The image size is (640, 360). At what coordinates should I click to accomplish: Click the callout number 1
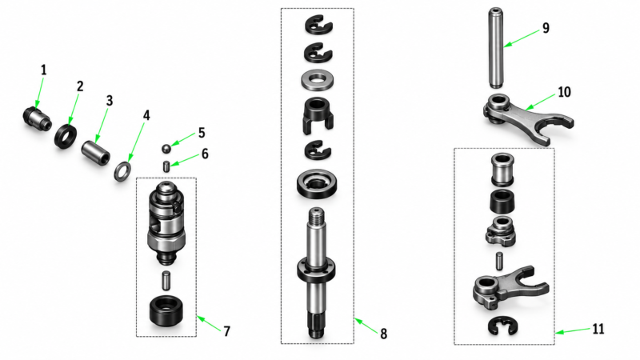pyautogui.click(x=44, y=70)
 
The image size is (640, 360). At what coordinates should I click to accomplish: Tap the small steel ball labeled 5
pyautogui.click(x=166, y=149)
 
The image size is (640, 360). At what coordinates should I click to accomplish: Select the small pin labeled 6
pyautogui.click(x=166, y=166)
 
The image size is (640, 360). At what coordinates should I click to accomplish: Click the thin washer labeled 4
pyautogui.click(x=122, y=171)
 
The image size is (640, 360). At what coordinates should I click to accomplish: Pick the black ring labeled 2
pyautogui.click(x=66, y=137)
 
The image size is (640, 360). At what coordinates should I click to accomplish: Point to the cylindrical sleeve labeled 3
pyautogui.click(x=95, y=152)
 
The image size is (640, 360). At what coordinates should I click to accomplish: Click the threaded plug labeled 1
pyautogui.click(x=37, y=118)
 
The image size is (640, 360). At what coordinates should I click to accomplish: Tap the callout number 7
pyautogui.click(x=227, y=331)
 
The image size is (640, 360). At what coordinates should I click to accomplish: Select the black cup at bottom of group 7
pyautogui.click(x=166, y=311)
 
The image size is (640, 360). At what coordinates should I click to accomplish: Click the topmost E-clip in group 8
pyautogui.click(x=318, y=25)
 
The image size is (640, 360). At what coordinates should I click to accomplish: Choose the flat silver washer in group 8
pyautogui.click(x=317, y=81)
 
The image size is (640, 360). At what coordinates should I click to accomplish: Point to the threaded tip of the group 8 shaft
pyautogui.click(x=317, y=216)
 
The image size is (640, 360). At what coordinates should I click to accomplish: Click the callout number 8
pyautogui.click(x=383, y=334)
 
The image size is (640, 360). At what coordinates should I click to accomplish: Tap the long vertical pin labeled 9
pyautogui.click(x=495, y=48)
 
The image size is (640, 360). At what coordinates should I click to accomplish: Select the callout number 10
pyautogui.click(x=564, y=92)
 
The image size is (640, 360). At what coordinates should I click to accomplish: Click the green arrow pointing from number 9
pyautogui.click(x=522, y=38)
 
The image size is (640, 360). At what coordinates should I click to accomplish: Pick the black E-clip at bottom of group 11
pyautogui.click(x=503, y=326)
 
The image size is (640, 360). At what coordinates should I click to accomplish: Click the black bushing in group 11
pyautogui.click(x=502, y=201)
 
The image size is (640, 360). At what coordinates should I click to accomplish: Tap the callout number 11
pyautogui.click(x=598, y=329)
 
